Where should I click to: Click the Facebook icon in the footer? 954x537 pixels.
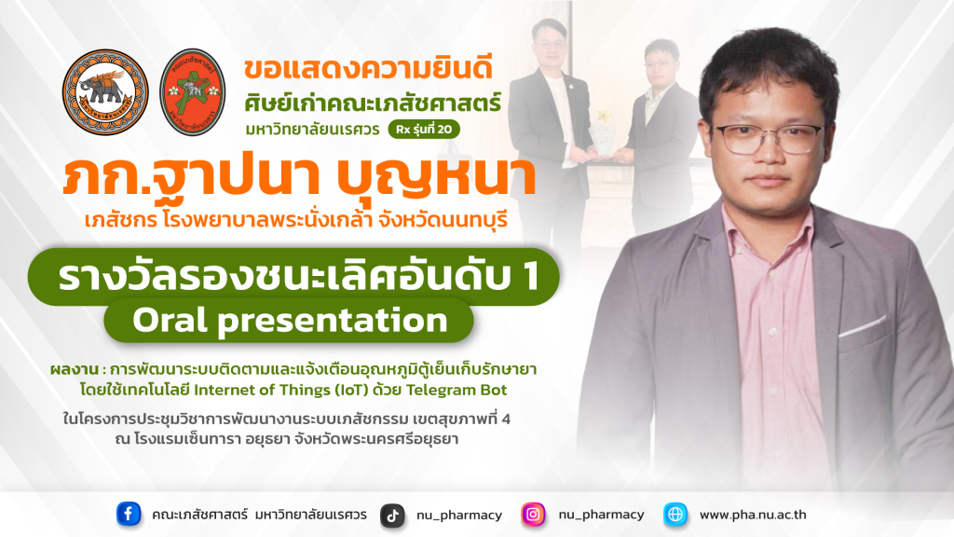click(129, 515)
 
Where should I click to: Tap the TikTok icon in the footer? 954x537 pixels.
click(392, 516)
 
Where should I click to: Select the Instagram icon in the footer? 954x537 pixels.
click(533, 515)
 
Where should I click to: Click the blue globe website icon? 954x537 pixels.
click(675, 515)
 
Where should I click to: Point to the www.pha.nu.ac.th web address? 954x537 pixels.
click(753, 515)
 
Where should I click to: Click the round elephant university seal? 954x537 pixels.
click(105, 92)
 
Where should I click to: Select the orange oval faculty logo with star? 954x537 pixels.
click(193, 92)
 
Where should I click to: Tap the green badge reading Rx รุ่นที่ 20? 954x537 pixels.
click(424, 129)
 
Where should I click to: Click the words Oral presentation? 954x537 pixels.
click(290, 321)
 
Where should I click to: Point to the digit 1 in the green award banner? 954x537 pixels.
click(529, 276)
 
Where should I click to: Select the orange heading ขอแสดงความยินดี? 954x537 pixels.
click(368, 68)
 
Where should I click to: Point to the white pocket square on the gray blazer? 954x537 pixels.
click(863, 326)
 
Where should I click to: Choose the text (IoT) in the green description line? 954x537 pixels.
click(351, 390)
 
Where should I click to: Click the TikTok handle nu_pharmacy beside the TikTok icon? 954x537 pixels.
click(459, 516)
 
